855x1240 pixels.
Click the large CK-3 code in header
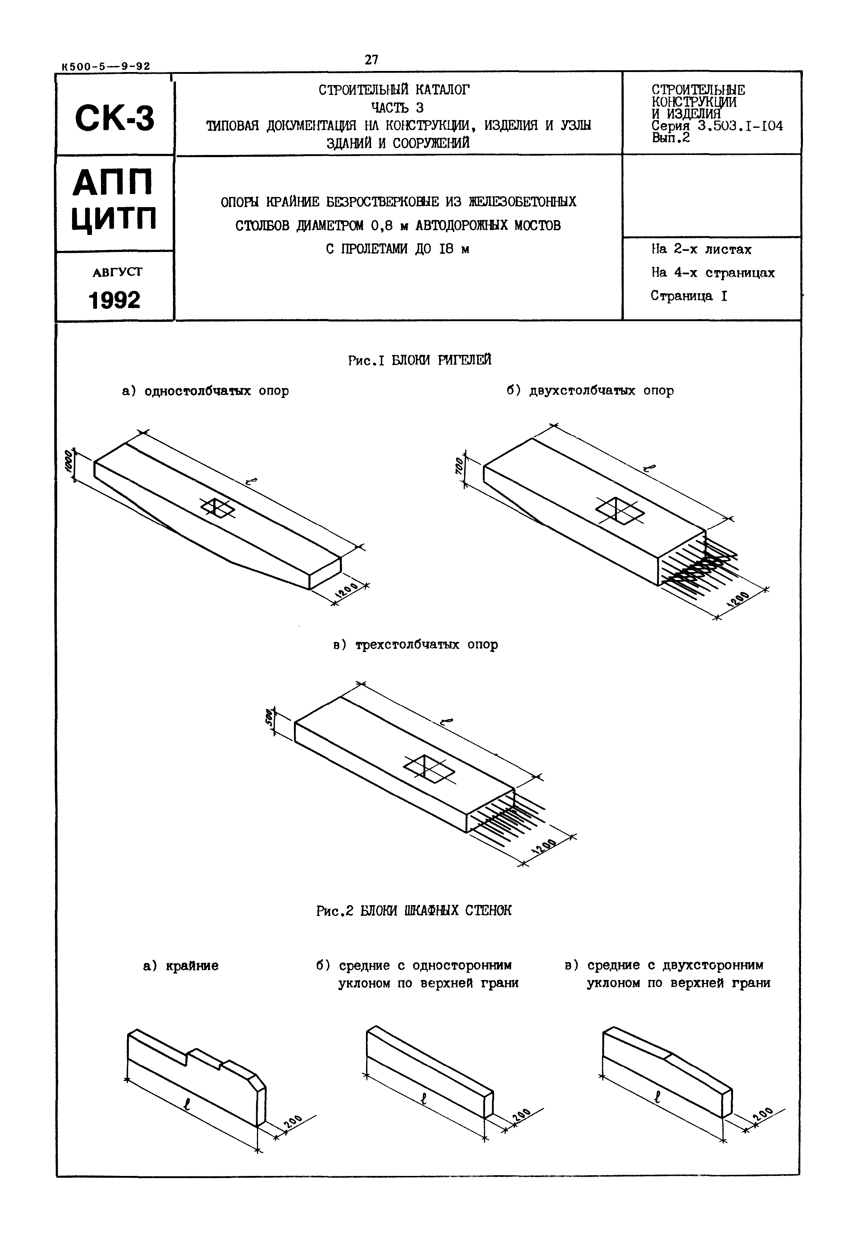pyautogui.click(x=115, y=118)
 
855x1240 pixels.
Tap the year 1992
pyautogui.click(x=115, y=300)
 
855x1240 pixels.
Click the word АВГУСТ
pyautogui.click(x=117, y=272)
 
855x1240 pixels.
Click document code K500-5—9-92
pyautogui.click(x=106, y=67)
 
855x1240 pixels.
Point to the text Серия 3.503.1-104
pyautogui.click(x=717, y=126)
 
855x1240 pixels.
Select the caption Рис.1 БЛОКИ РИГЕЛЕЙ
pyautogui.click(x=420, y=361)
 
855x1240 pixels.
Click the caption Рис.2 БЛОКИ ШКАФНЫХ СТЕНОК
pyautogui.click(x=414, y=911)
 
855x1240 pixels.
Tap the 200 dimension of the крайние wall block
pyautogui.click(x=292, y=1122)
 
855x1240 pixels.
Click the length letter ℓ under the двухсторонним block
pyautogui.click(x=657, y=1097)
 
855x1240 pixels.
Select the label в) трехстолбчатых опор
pyautogui.click(x=416, y=645)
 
